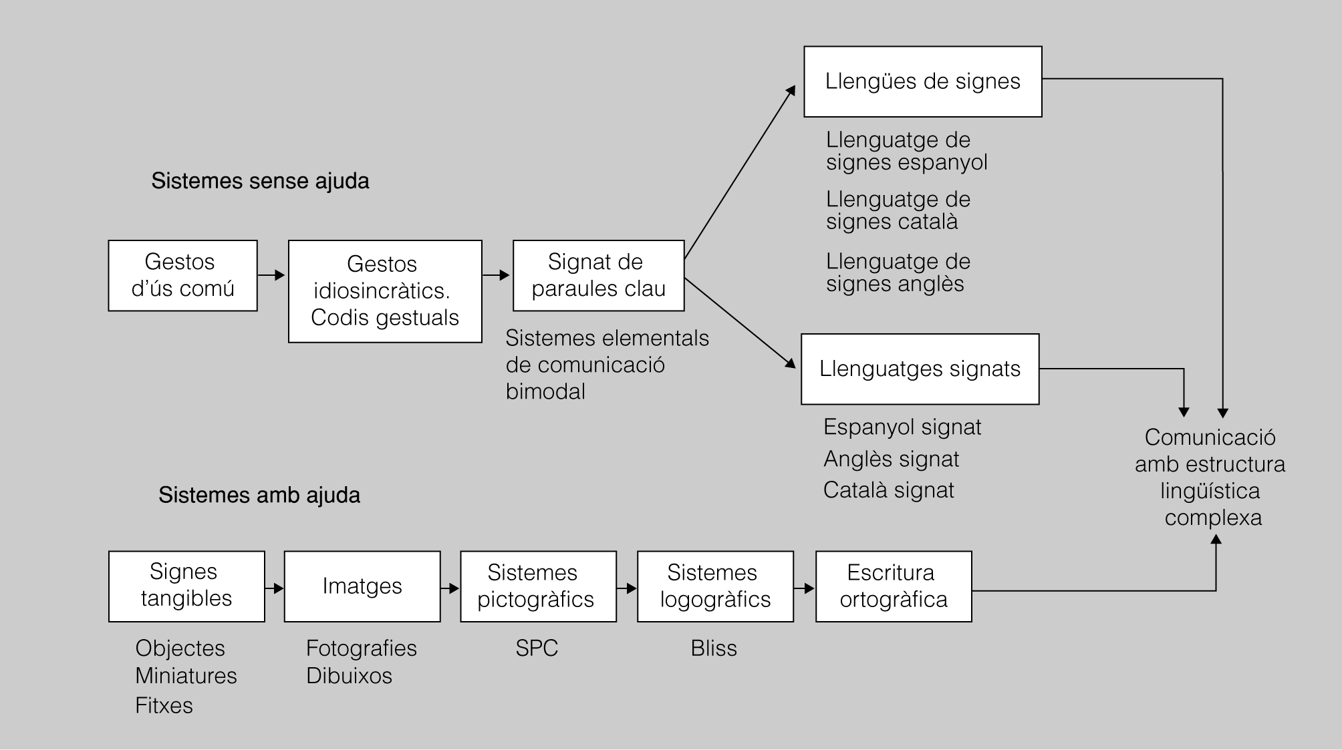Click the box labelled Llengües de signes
click(922, 81)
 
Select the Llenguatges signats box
click(920, 369)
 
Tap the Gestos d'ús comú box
click(182, 275)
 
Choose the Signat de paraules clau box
click(598, 275)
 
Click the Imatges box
click(362, 586)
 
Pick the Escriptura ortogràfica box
click(894, 586)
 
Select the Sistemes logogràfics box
click(715, 586)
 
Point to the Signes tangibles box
click(186, 586)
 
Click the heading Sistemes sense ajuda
click(260, 181)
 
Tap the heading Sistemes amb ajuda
click(259, 495)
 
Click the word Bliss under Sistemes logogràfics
click(714, 648)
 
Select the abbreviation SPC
click(537, 648)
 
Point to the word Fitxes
click(164, 705)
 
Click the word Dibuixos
click(349, 676)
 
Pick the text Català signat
click(888, 490)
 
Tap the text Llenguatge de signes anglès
click(898, 272)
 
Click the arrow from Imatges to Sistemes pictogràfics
click(450, 588)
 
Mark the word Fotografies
click(361, 648)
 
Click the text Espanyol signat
click(902, 427)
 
